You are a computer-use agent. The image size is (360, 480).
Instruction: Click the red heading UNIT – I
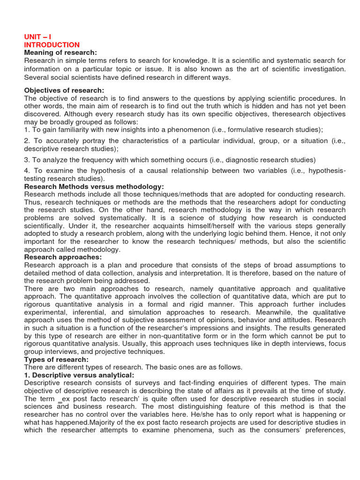point(38,37)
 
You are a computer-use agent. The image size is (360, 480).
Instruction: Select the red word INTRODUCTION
point(52,45)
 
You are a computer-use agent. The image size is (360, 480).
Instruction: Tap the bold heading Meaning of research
point(60,52)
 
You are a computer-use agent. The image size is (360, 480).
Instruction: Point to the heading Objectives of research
point(64,90)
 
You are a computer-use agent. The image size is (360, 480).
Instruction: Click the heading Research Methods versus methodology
point(94,187)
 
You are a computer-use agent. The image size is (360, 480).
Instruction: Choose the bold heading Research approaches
point(62,257)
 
